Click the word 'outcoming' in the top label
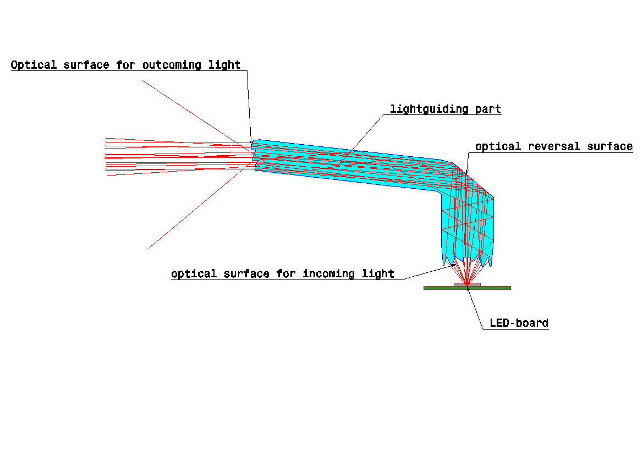tap(172, 65)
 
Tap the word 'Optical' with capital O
tap(34, 65)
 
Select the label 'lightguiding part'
tap(446, 109)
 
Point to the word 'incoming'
tap(328, 273)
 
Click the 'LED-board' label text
tap(519, 323)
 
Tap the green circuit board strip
tap(467, 288)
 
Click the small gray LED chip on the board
tap(467, 284)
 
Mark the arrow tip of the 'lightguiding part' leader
tap(340, 163)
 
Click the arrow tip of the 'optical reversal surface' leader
tap(466, 174)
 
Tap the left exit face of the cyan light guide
tap(254, 155)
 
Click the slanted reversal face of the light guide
tap(473, 180)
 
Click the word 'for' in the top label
tap(125, 65)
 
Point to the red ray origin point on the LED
tap(467, 283)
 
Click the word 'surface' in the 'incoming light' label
tap(246, 273)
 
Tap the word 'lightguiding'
tap(429, 109)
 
